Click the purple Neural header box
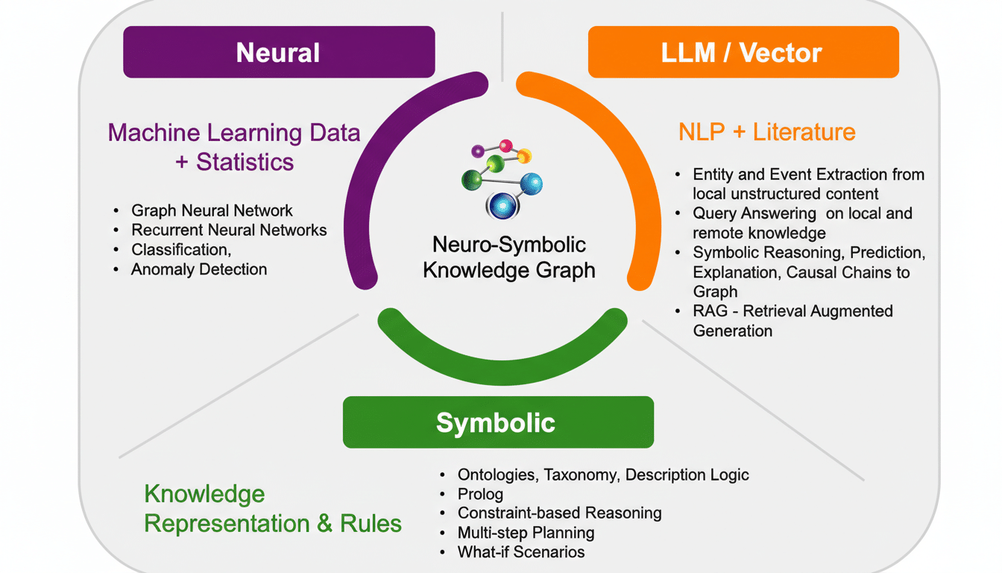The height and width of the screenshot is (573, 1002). [x=279, y=52]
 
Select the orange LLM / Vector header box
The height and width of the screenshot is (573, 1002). [x=743, y=52]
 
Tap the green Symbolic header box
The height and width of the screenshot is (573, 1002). [x=497, y=422]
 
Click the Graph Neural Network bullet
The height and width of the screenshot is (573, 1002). [x=212, y=210]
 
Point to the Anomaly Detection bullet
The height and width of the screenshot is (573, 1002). [x=198, y=269]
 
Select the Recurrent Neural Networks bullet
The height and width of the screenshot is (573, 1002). [x=229, y=230]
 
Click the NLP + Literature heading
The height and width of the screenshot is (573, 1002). [x=766, y=132]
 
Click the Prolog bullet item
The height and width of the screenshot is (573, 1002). [x=480, y=494]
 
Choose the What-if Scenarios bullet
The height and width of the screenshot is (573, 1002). [x=521, y=552]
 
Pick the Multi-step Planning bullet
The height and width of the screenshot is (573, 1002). [x=526, y=533]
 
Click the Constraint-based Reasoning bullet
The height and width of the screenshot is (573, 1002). [x=559, y=513]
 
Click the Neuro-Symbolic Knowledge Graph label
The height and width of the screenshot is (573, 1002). [x=508, y=257]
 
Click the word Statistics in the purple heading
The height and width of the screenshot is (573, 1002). [x=245, y=162]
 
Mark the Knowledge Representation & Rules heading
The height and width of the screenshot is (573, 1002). [x=273, y=509]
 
